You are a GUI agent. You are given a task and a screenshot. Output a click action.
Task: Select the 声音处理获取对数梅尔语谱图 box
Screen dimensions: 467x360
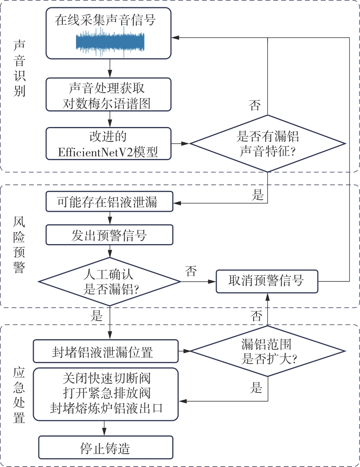[x=109, y=95]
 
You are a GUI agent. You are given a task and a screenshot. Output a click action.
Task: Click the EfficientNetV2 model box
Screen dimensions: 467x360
[x=108, y=143]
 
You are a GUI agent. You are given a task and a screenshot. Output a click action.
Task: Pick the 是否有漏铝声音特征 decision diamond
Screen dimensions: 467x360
[x=268, y=144]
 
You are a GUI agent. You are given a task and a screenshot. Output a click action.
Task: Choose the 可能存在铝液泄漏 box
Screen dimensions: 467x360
[x=109, y=202]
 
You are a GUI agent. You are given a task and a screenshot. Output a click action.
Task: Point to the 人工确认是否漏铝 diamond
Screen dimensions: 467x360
[x=110, y=282]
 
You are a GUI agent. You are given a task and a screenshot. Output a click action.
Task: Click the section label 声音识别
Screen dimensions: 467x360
[x=19, y=68]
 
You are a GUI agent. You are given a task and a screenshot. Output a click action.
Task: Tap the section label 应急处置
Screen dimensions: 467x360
[x=19, y=396]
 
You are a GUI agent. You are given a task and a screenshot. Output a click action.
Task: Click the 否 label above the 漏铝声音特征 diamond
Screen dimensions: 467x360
[x=255, y=105]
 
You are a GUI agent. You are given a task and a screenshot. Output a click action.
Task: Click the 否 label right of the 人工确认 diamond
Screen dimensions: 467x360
[x=191, y=271]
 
